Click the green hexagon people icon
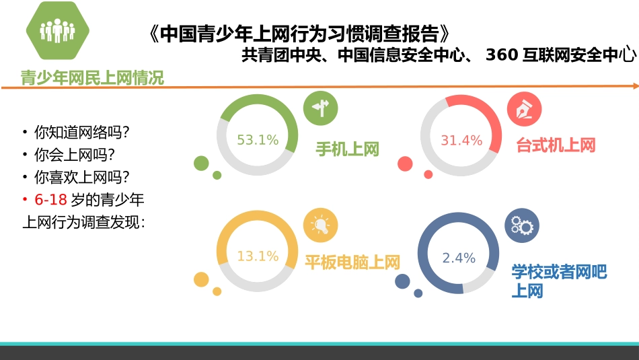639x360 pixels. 57,31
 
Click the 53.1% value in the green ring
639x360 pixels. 258,141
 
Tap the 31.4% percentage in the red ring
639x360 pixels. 461,141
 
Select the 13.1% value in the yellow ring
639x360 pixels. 258,256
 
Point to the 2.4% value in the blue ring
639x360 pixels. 459,258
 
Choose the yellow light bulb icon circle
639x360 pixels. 320,225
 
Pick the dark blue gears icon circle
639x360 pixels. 522,226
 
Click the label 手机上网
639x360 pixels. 348,149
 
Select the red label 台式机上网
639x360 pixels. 556,145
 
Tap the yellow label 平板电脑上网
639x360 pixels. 352,262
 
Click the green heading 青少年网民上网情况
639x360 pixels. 92,78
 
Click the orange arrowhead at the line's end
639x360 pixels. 636,85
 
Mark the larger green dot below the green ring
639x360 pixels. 201,163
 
